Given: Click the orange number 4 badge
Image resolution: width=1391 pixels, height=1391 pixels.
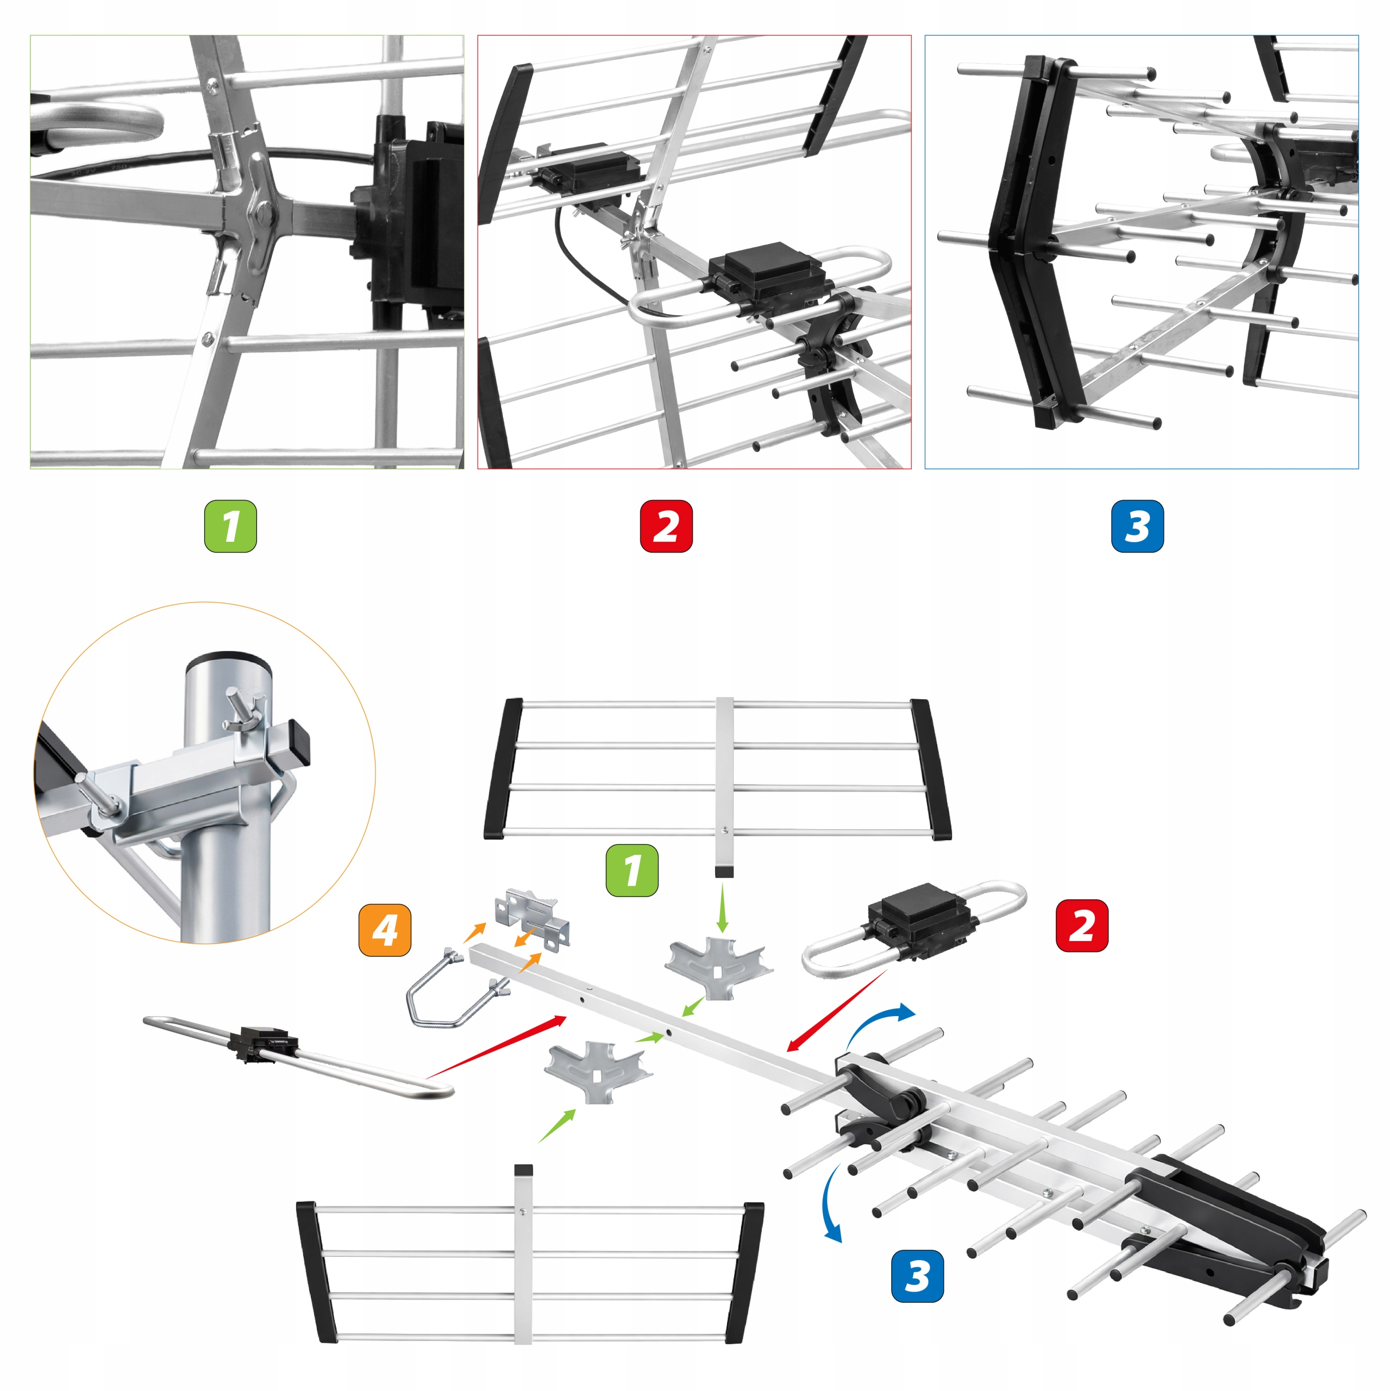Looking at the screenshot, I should (x=385, y=930).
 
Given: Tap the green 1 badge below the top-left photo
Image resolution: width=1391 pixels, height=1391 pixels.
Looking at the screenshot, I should (x=230, y=527).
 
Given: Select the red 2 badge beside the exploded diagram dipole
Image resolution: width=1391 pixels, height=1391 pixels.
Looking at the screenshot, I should (x=1081, y=925).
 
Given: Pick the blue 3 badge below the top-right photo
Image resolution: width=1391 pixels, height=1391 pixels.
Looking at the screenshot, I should (x=1137, y=527).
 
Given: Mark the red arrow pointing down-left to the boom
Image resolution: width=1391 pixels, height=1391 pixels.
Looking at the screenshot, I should (x=837, y=1010).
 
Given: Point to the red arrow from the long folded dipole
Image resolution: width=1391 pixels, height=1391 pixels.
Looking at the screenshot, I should (x=497, y=1047).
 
